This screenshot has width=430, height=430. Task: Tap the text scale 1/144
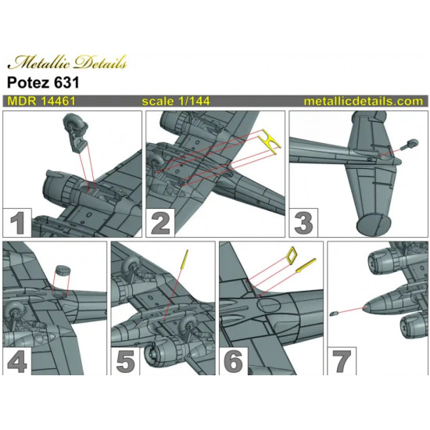176,102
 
